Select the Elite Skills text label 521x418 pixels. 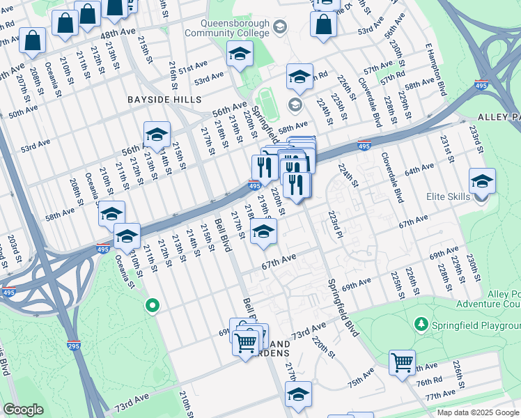coord(449,197)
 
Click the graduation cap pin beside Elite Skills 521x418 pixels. coord(482,182)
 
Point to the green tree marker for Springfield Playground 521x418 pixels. coord(420,325)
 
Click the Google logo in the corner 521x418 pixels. coord(23,410)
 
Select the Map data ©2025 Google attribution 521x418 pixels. coord(478,412)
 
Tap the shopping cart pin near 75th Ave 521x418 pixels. coord(402,363)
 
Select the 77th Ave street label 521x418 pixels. coord(440,396)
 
